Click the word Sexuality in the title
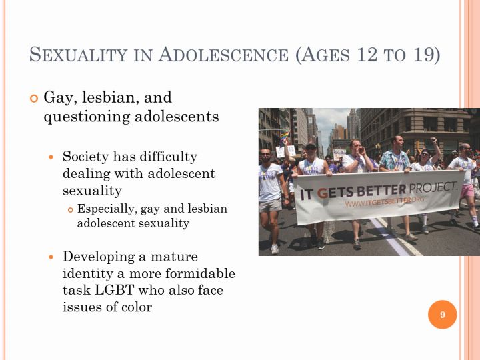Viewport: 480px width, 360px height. (79, 55)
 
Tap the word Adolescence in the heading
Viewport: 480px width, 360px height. (223, 55)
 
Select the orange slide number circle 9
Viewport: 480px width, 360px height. (443, 315)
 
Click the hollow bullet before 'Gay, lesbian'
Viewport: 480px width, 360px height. (34, 98)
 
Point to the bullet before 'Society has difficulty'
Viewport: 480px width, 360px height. (51, 157)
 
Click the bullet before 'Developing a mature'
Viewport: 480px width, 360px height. (51, 257)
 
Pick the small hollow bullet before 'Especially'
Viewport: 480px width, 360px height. (71, 210)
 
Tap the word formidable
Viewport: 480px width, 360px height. (200, 273)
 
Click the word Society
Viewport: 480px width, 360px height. (85, 157)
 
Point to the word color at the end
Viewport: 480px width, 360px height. (137, 307)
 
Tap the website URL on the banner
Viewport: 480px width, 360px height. (385, 202)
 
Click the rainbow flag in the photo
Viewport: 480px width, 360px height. (285, 136)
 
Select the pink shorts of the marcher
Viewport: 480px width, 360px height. (467, 191)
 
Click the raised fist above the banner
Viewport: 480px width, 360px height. (433, 141)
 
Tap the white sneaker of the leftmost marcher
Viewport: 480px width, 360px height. (275, 249)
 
